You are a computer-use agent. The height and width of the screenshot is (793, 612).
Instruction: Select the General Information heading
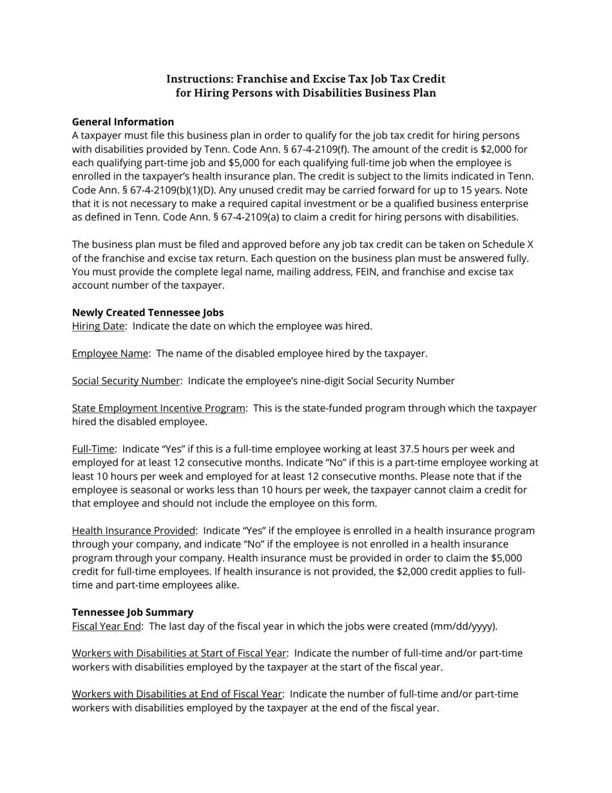(x=123, y=122)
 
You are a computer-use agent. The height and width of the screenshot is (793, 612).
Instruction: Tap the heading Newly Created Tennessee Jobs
(x=148, y=312)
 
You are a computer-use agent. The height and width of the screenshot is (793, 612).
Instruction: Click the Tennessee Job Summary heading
(x=132, y=612)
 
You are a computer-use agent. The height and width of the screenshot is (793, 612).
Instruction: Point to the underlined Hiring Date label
(x=98, y=326)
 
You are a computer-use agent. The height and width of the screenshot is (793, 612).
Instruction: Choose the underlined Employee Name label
(x=110, y=353)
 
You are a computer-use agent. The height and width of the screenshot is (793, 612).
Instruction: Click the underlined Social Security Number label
(x=126, y=381)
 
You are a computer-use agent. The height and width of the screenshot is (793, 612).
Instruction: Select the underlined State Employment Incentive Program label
(x=158, y=408)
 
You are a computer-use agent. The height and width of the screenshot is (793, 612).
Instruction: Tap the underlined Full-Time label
(x=93, y=449)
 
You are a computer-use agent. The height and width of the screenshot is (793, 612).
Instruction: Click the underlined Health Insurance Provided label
(x=133, y=531)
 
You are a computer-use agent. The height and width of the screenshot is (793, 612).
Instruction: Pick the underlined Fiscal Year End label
(x=106, y=626)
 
